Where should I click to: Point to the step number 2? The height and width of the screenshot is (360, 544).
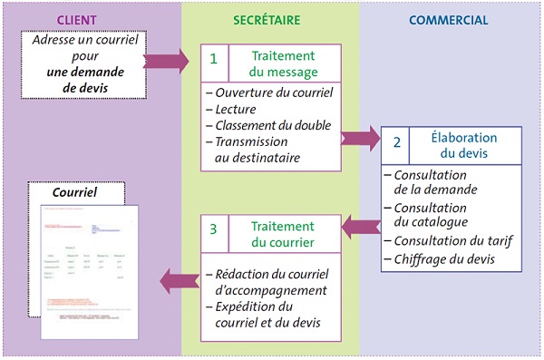[396, 143]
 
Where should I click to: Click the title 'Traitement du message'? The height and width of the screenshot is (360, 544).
[281, 61]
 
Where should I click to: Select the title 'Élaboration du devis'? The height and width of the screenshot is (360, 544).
[463, 145]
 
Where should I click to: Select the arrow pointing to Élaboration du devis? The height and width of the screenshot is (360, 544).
[361, 138]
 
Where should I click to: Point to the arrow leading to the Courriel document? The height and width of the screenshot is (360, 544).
[179, 280]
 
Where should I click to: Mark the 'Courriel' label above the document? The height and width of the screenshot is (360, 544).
[75, 193]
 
